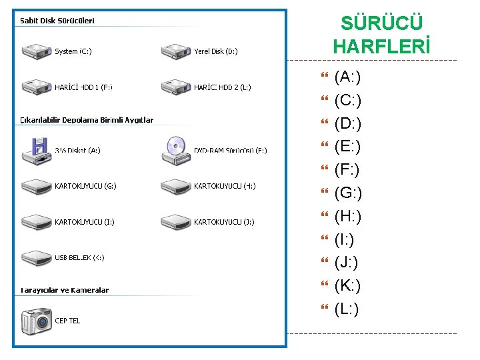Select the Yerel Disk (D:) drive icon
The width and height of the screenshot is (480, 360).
[x=175, y=51]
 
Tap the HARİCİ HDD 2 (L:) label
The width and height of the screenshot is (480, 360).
[x=223, y=87]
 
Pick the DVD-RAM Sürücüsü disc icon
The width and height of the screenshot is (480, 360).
[x=175, y=149]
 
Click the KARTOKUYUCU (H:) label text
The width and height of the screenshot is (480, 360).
[x=225, y=186]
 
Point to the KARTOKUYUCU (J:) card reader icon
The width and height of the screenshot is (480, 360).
[x=175, y=222]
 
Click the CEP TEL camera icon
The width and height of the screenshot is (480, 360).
[x=37, y=321]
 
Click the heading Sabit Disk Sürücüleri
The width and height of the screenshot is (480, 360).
[x=57, y=21]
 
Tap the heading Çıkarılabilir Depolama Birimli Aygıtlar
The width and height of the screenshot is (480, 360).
[x=87, y=120]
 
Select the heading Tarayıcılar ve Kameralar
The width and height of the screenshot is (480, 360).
[x=64, y=290]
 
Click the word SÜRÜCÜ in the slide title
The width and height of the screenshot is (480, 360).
[x=381, y=23]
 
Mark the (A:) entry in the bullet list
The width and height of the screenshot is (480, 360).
[x=347, y=77]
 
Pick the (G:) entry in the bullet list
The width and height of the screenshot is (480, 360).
[x=348, y=193]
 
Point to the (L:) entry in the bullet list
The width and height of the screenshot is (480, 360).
[x=347, y=309]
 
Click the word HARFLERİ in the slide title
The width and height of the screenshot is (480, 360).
[x=381, y=47]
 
